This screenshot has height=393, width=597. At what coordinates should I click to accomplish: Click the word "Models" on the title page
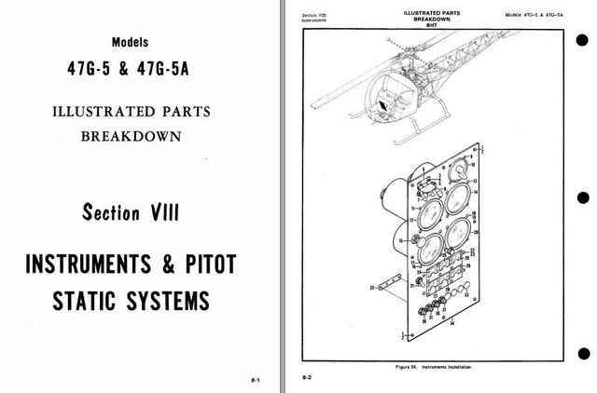click(129, 43)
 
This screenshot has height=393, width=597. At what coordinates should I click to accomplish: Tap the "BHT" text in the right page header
click(431, 26)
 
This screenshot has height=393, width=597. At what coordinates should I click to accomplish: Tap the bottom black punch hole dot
click(583, 352)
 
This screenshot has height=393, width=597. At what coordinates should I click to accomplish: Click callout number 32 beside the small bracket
click(372, 288)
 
